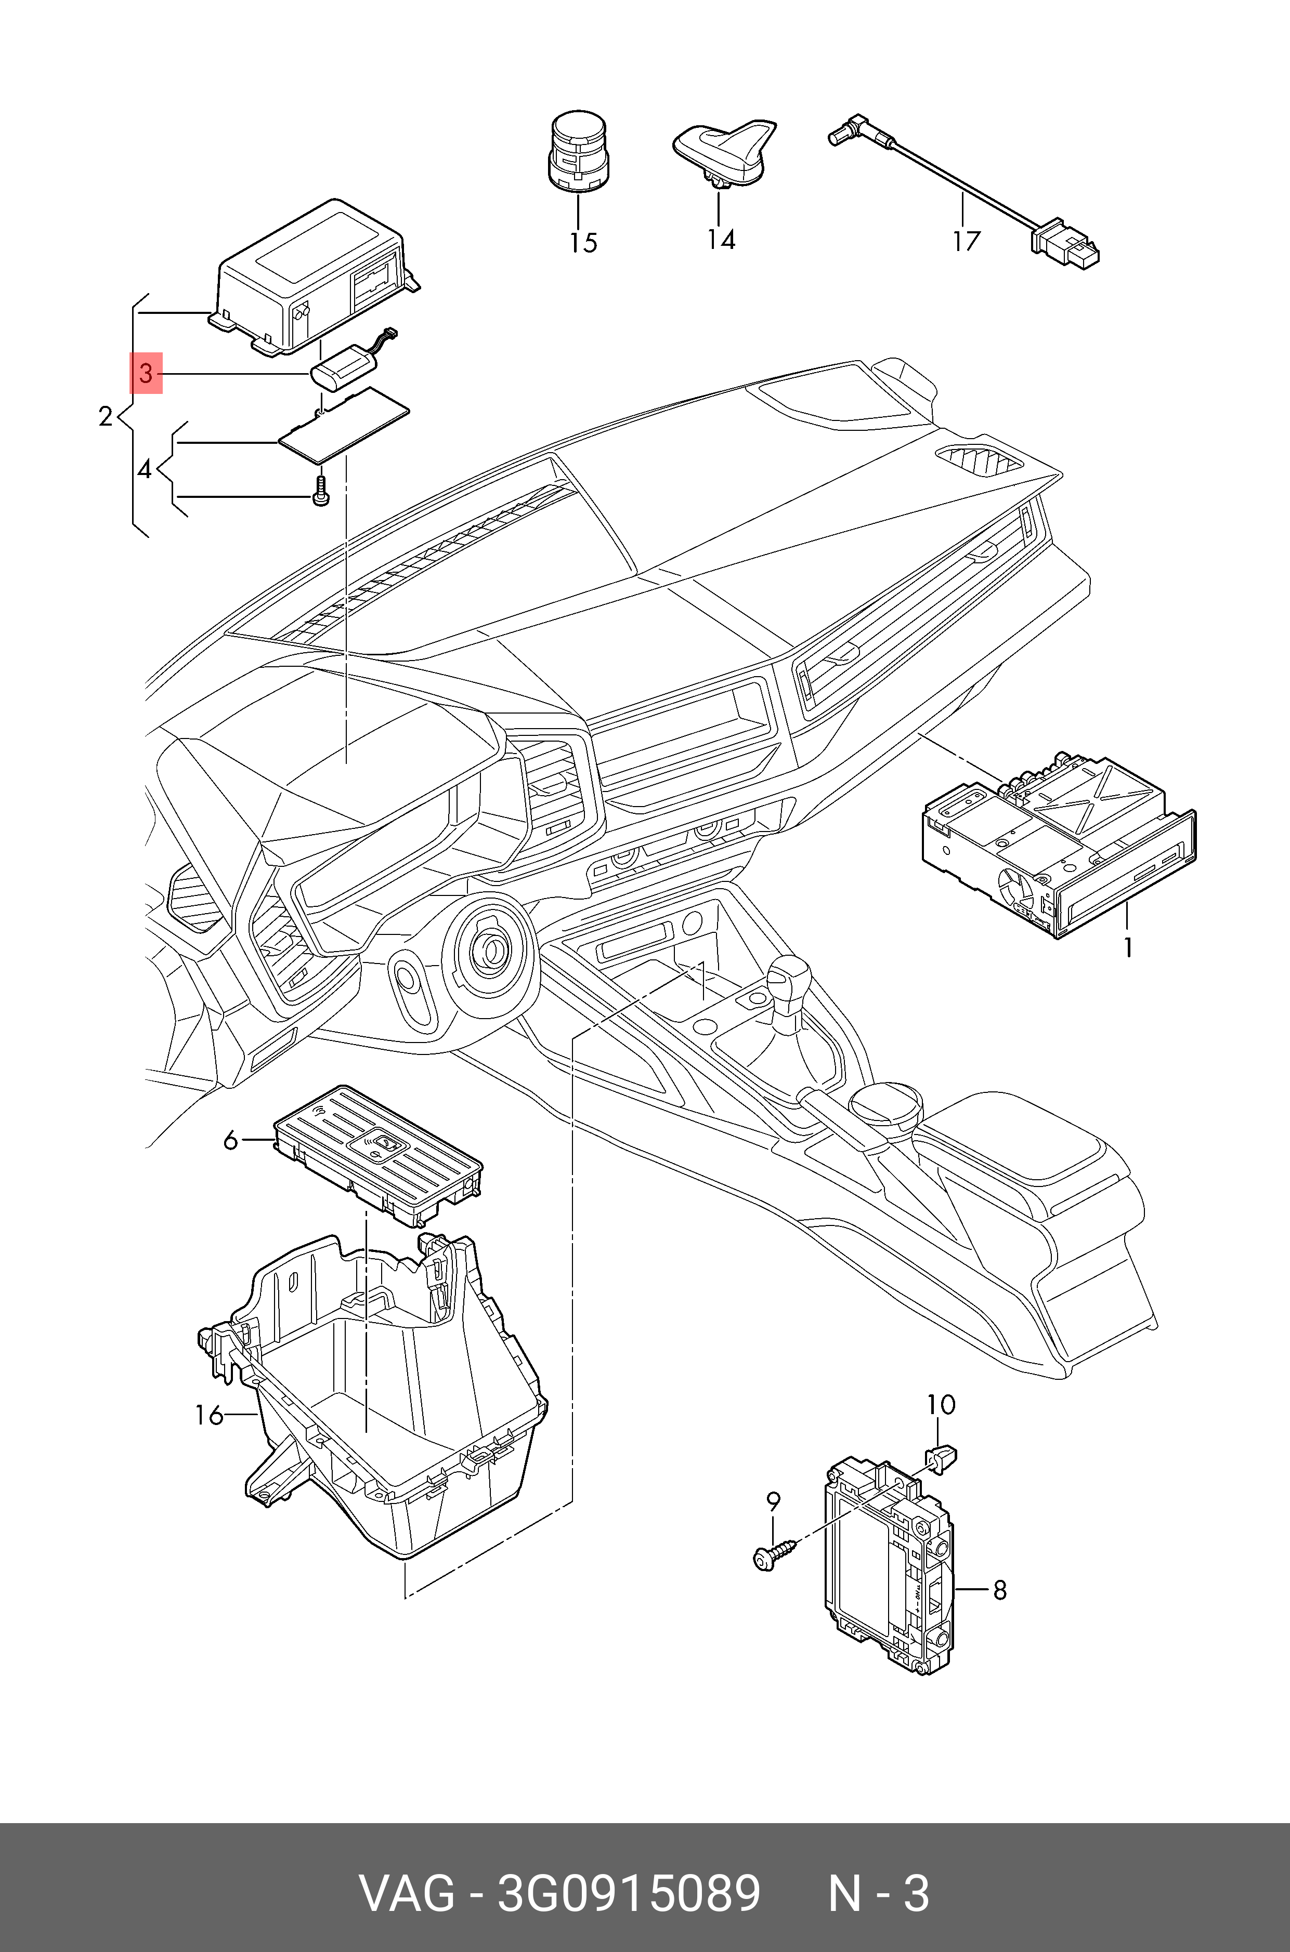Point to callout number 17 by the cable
pyautogui.click(x=967, y=241)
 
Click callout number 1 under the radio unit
pyautogui.click(x=1129, y=947)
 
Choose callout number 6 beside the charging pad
pyautogui.click(x=230, y=1140)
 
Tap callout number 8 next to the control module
pyautogui.click(x=999, y=1589)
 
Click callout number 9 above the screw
pyautogui.click(x=773, y=1501)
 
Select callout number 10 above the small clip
pyautogui.click(x=941, y=1404)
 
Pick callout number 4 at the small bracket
pyautogui.click(x=145, y=470)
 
